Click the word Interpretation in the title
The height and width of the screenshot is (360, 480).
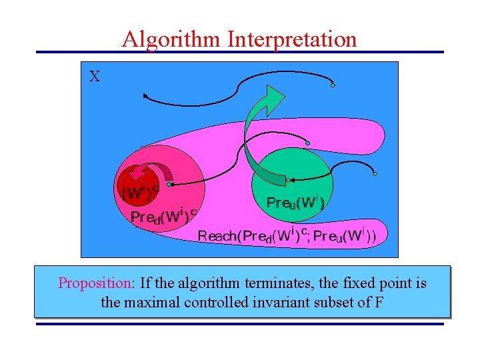click(x=292, y=39)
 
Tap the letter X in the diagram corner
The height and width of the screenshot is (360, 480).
click(x=95, y=77)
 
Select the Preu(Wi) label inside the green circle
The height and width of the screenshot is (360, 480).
click(x=295, y=202)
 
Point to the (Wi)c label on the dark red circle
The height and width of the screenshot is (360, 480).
click(x=141, y=192)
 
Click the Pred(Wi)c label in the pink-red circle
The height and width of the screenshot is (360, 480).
click(x=163, y=216)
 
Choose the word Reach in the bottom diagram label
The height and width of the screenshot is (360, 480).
click(x=217, y=235)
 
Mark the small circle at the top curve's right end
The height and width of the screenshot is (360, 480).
click(x=333, y=85)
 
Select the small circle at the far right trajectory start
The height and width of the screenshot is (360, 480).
click(x=375, y=174)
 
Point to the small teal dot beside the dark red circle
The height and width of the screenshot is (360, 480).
click(x=170, y=184)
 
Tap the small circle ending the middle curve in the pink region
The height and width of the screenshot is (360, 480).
click(x=307, y=143)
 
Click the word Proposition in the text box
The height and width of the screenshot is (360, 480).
click(x=96, y=283)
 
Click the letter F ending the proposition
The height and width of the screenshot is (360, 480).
click(x=379, y=302)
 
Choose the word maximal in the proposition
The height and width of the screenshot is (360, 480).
click(x=148, y=302)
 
